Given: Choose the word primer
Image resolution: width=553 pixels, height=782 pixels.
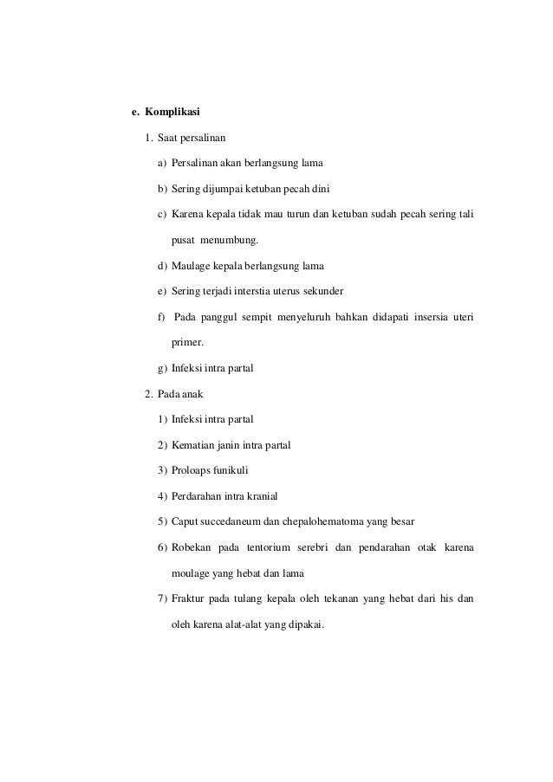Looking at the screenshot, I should (188, 342).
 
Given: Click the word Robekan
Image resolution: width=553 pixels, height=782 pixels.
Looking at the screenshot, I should (192, 547).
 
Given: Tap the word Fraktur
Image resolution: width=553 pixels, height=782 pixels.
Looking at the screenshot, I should (189, 598).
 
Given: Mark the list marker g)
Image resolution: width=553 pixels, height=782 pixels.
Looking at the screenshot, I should (162, 368).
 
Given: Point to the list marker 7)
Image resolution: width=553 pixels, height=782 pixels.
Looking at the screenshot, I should (162, 598).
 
